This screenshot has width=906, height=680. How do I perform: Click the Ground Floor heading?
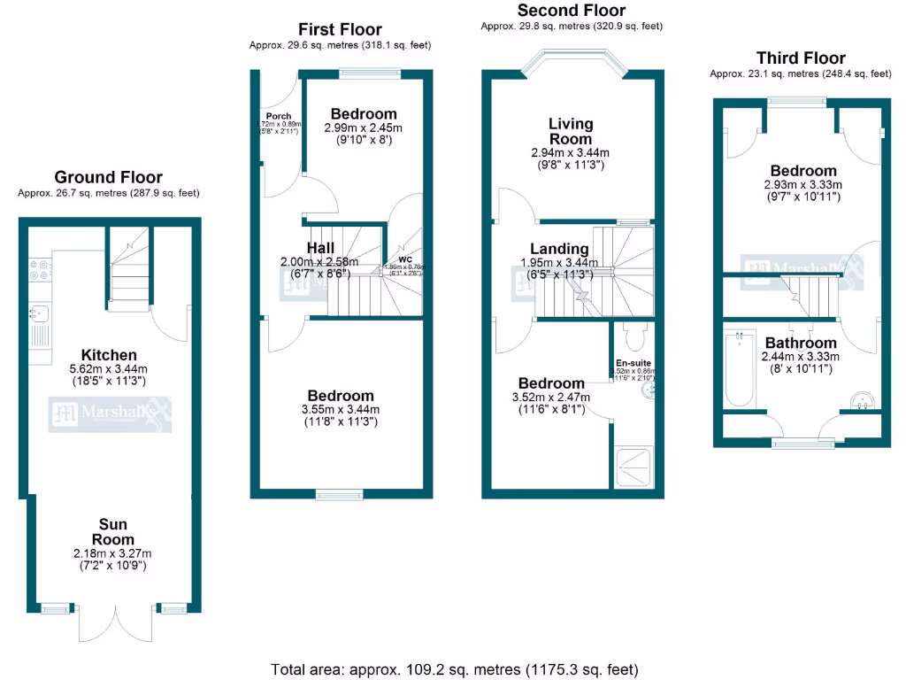click(108, 178)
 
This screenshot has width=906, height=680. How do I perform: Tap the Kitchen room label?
click(109, 355)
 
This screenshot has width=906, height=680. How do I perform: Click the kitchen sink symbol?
click(40, 312)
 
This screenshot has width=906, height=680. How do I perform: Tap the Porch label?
click(278, 116)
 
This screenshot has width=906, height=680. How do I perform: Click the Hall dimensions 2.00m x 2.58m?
click(319, 262)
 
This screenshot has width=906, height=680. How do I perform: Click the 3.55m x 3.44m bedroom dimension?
click(341, 409)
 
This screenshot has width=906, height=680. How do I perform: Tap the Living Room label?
click(570, 131)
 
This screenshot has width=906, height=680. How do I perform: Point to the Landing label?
click(559, 249)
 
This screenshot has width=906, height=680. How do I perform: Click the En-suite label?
click(633, 364)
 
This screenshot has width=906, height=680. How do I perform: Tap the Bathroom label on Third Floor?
click(801, 343)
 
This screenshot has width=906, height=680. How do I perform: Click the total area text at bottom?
click(453, 668)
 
